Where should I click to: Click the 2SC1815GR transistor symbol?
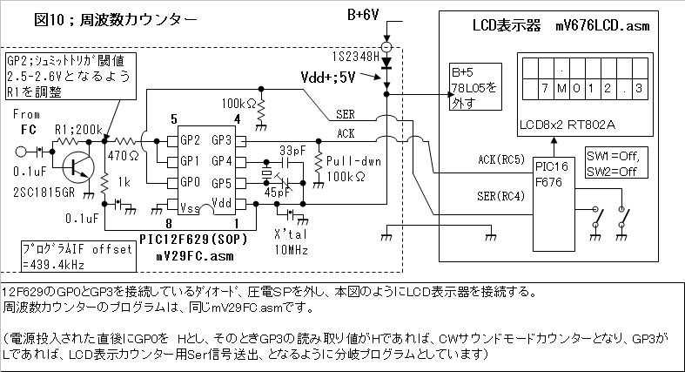pyautogui.click(x=78, y=167)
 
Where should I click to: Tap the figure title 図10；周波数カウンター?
pyautogui.click(x=116, y=20)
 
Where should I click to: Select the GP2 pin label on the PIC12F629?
pyautogui.click(x=190, y=140)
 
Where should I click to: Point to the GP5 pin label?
pyautogui.click(x=221, y=183)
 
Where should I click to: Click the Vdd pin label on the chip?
pyautogui.click(x=221, y=202)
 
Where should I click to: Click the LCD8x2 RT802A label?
pyautogui.click(x=567, y=125)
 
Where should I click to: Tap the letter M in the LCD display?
pyautogui.click(x=561, y=88)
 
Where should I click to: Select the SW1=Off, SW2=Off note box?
pyautogui.click(x=616, y=163)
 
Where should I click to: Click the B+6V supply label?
pyautogui.click(x=363, y=15)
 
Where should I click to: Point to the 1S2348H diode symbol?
pyautogui.click(x=386, y=63)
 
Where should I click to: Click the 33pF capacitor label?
pyautogui.click(x=292, y=151)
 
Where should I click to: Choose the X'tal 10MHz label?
pyautogui.click(x=291, y=241)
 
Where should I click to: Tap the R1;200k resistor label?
pyautogui.click(x=78, y=130)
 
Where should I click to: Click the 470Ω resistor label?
pyautogui.click(x=124, y=155)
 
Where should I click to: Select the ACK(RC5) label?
pyautogui.click(x=501, y=159)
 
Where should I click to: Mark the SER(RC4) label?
pyautogui.click(x=500, y=196)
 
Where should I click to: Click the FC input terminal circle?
pyautogui.click(x=21, y=152)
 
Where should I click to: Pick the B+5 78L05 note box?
pyautogui.click(x=476, y=86)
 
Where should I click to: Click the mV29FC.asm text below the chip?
pyautogui.click(x=195, y=256)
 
